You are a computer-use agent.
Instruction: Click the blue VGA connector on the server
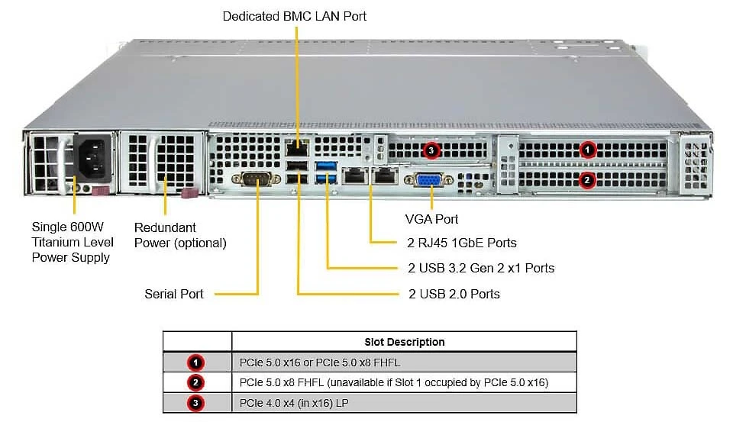coord(428,179)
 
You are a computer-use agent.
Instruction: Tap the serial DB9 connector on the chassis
coord(257,179)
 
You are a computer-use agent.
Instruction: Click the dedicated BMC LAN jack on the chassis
coord(297,148)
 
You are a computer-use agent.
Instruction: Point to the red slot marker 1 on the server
coord(587,150)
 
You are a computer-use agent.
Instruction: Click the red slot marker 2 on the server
coord(587,180)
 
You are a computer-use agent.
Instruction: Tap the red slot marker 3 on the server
coord(431,150)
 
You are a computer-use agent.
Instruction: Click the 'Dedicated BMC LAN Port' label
coord(295,16)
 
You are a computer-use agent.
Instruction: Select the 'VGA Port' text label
coord(431,219)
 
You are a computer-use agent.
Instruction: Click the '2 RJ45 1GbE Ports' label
coord(462,243)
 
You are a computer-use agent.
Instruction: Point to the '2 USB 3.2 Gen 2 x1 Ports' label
coord(481,269)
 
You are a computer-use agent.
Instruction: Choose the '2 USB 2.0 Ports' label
coord(454,294)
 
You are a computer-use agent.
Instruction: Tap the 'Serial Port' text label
coord(174,294)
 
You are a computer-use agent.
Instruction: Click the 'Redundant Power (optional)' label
coord(180,235)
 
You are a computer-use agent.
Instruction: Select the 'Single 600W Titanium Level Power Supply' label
coord(73,242)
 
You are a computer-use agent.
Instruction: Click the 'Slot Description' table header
coord(405,342)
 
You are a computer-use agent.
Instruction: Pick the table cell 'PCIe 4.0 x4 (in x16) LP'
coord(294,403)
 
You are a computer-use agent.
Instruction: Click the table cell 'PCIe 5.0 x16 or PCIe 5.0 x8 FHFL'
coord(320,362)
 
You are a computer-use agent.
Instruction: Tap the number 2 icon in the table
coord(195,383)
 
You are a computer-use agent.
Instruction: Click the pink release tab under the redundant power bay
coord(190,193)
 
